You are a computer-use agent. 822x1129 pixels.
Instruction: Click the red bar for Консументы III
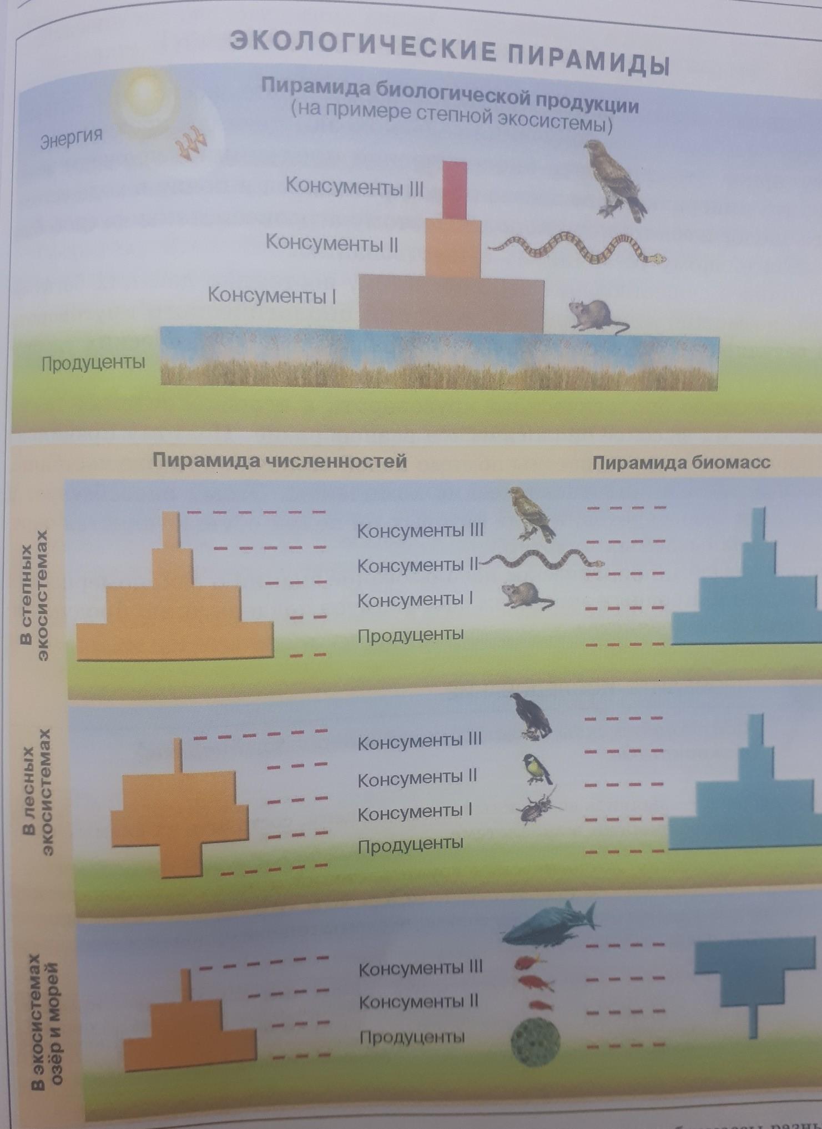pyautogui.click(x=455, y=189)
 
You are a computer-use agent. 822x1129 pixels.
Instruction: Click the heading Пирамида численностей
pyautogui.click(x=280, y=461)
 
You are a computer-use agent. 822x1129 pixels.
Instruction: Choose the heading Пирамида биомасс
pyautogui.click(x=682, y=462)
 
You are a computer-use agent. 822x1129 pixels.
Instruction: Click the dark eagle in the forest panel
pyautogui.click(x=531, y=717)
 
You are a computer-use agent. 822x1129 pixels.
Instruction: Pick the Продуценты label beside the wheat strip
pyautogui.click(x=94, y=363)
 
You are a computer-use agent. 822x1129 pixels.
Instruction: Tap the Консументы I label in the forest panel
pyautogui.click(x=415, y=813)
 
